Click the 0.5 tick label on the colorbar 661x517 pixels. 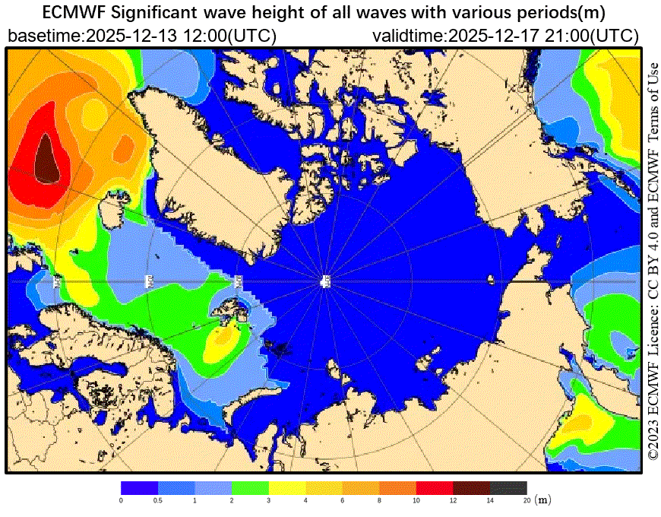click(158, 500)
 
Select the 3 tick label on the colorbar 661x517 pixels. click(269, 500)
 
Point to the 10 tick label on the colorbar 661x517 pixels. click(416, 500)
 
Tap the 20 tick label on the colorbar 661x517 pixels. click(527, 500)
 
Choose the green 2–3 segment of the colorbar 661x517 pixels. click(250, 487)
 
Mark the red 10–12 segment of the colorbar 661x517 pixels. click(435, 487)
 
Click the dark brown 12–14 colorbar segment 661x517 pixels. click(471, 487)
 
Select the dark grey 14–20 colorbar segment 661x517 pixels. click(508, 487)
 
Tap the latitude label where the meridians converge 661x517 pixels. click(325, 281)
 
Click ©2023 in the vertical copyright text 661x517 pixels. click(653, 439)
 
